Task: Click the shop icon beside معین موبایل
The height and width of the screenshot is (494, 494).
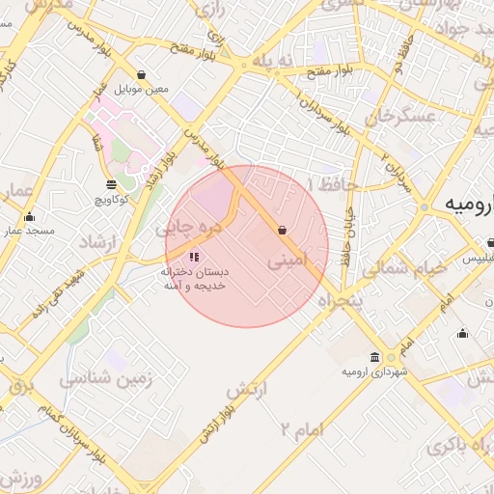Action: (142, 74)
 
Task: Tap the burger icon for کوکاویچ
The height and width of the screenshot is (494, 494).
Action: (111, 183)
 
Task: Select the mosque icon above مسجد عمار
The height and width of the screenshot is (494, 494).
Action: (29, 216)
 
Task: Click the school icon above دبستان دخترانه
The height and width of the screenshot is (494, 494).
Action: (194, 257)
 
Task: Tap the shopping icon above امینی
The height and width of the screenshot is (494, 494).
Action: (281, 230)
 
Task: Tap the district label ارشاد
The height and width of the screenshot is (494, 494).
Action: (96, 241)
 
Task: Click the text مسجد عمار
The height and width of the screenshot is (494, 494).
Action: (28, 231)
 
